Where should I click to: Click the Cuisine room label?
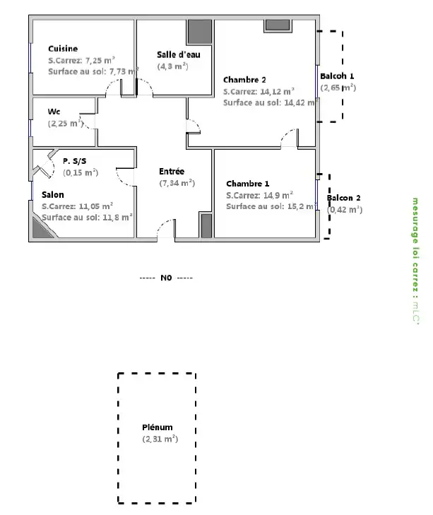pyautogui.click(x=63, y=49)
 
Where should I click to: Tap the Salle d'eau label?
pyautogui.click(x=179, y=54)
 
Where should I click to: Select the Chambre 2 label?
pyautogui.click(x=244, y=80)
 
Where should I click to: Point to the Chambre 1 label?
pyautogui.click(x=248, y=184)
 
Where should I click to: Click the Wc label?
pyautogui.click(x=54, y=112)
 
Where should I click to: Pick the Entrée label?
pyautogui.click(x=172, y=171)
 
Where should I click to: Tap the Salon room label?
pyautogui.click(x=52, y=195)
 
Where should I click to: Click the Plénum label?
pyautogui.click(x=157, y=427)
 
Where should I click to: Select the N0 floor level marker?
pyautogui.click(x=166, y=278)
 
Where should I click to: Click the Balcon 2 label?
pyautogui.click(x=343, y=198)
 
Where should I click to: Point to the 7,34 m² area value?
pyautogui.click(x=177, y=183)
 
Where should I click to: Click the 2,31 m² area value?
pyautogui.click(x=160, y=439)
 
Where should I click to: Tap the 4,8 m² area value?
pyautogui.click(x=173, y=66)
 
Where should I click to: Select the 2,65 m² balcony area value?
pyautogui.click(x=338, y=88)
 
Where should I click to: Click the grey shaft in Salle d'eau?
pyautogui.click(x=199, y=32)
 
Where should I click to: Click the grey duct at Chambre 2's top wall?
pyautogui.click(x=278, y=25)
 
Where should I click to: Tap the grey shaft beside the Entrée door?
pyautogui.click(x=206, y=225)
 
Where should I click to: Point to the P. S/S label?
pyautogui.click(x=75, y=161)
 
